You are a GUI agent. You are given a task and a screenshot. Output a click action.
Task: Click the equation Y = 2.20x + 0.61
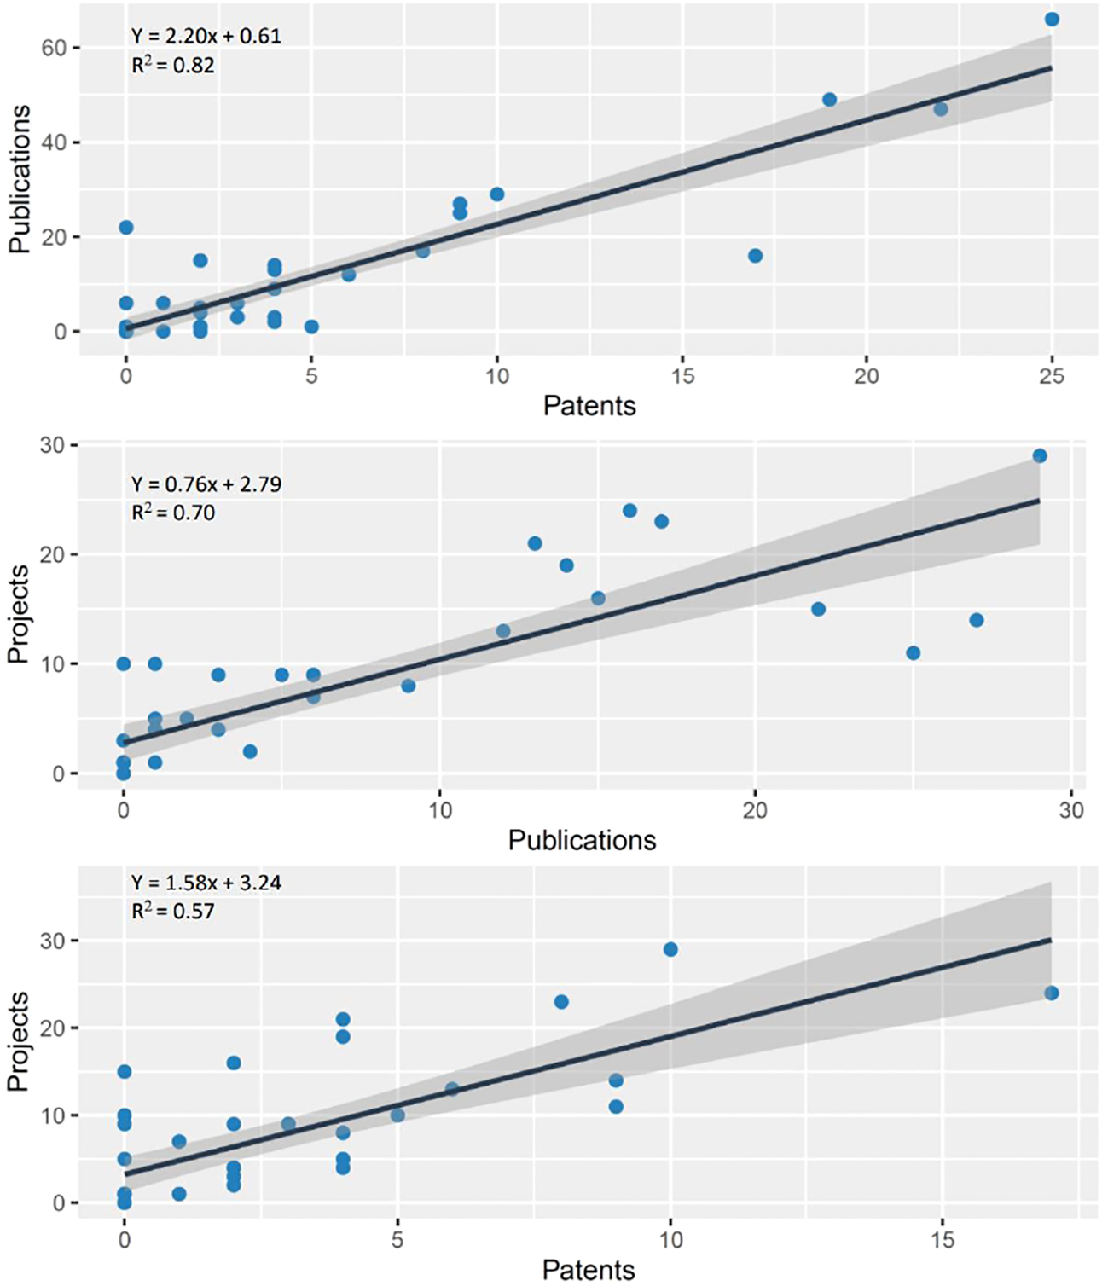[x=206, y=36]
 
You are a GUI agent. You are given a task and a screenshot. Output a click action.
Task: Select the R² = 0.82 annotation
[x=172, y=65]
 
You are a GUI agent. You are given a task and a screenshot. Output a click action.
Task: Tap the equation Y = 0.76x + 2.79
[x=206, y=484]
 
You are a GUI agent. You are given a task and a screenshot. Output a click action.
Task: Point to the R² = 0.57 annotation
[x=172, y=911]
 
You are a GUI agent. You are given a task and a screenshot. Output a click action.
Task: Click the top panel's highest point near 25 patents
[x=1052, y=20]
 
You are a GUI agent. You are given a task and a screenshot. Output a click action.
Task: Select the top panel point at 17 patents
[x=755, y=256]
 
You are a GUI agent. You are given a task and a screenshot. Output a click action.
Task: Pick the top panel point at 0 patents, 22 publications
[x=126, y=228]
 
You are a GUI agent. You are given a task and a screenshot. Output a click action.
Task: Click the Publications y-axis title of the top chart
[x=20, y=179]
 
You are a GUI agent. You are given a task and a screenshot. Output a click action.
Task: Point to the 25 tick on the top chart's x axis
[x=1052, y=376]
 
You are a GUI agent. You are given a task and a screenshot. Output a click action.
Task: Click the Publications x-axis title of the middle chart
[x=582, y=840]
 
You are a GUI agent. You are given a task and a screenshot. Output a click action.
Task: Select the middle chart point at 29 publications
[x=1039, y=456]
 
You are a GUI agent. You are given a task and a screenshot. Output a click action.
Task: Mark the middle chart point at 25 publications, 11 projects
[x=913, y=653]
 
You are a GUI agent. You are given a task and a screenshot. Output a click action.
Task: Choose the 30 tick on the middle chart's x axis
[x=1071, y=809]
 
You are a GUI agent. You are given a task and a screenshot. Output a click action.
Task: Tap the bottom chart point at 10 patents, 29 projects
[x=670, y=950]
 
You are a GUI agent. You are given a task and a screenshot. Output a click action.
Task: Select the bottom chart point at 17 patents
[x=1051, y=993]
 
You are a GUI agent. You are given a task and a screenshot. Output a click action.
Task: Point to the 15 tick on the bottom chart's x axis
[x=943, y=1239]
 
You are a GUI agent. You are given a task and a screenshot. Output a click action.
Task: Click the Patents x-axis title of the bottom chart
[x=589, y=1270]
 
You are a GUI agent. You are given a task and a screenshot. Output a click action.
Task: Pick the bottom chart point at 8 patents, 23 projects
[x=561, y=1002]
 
